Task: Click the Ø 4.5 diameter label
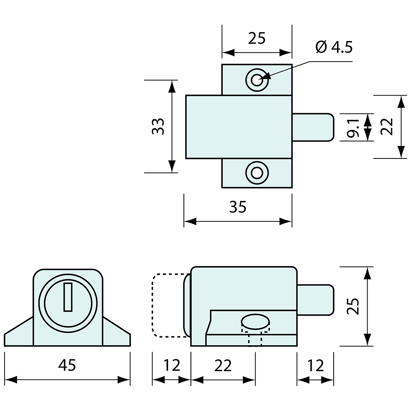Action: click(334, 47)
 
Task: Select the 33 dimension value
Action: click(158, 126)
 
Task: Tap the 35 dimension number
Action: click(238, 207)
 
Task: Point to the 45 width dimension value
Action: click(67, 365)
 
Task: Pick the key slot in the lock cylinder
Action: click(68, 297)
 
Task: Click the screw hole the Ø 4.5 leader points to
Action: click(257, 79)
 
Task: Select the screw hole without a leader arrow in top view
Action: click(257, 173)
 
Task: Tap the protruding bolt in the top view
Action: click(312, 127)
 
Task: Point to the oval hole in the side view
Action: click(256, 321)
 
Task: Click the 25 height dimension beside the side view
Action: click(353, 306)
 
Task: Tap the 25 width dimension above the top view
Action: click(257, 38)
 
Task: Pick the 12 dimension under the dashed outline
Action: click(171, 365)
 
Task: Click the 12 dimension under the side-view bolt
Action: click(315, 365)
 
